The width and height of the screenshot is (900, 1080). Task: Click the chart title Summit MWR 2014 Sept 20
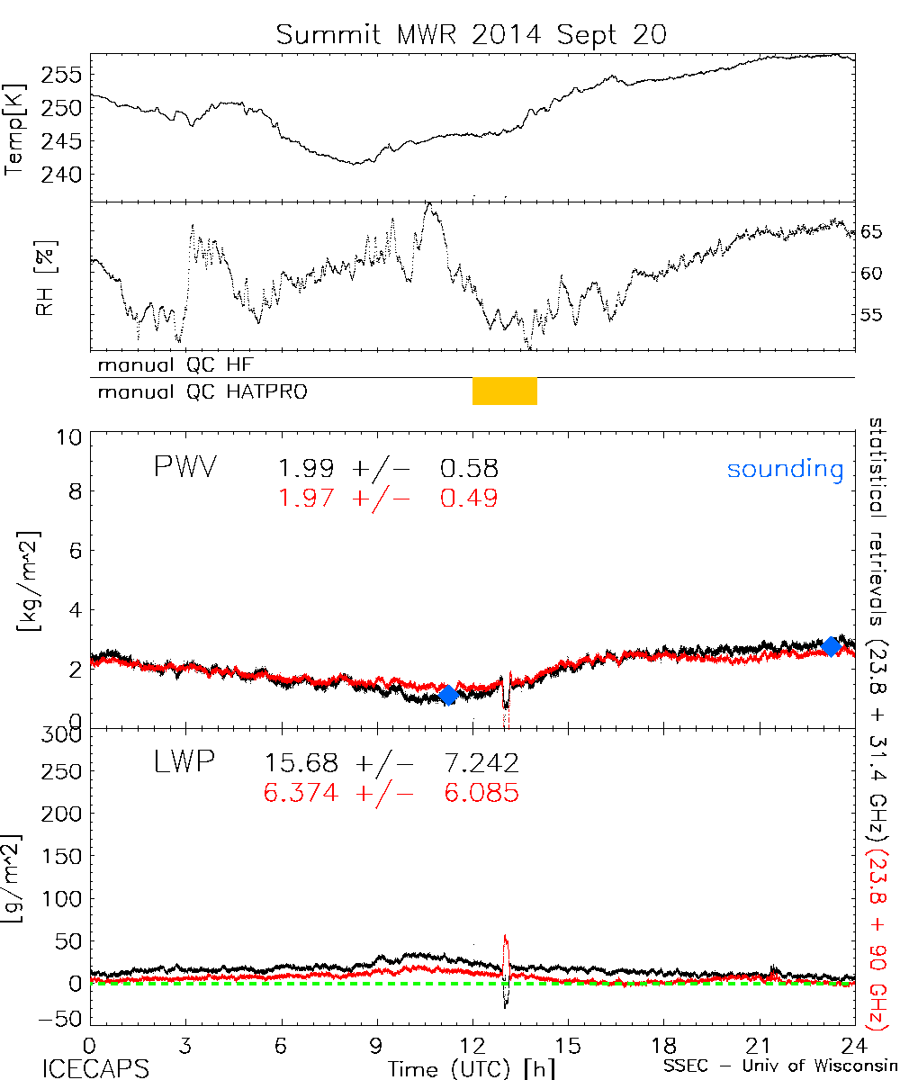472,35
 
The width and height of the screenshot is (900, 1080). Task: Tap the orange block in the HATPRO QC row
505,391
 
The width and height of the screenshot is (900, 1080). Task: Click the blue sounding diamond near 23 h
832,645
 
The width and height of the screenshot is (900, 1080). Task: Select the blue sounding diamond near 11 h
448,695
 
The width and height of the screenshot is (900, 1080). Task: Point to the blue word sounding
786,469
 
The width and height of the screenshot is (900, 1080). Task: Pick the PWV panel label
186,468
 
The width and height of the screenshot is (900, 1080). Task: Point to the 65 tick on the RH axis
871,231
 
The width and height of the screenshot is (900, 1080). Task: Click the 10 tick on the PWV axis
72,437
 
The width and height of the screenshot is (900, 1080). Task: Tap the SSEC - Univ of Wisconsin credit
778,1068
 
